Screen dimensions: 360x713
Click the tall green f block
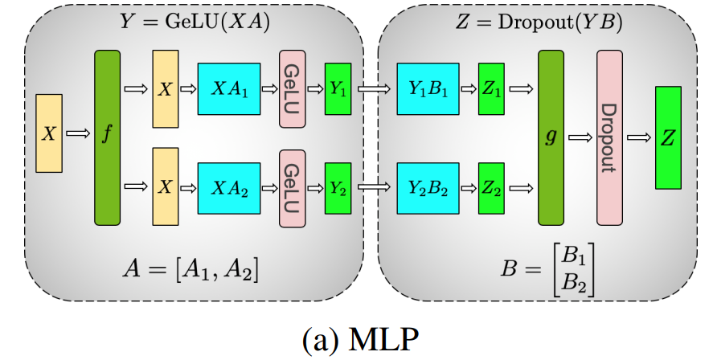[107, 137]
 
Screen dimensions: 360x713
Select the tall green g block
[550, 137]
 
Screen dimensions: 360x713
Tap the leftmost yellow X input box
[49, 133]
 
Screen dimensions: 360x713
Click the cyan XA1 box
[229, 89]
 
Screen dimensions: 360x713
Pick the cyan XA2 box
[229, 186]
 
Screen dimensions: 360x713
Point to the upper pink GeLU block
[293, 89]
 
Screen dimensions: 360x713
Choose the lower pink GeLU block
[293, 186]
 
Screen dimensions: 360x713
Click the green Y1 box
[338, 89]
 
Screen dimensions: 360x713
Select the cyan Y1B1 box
[427, 89]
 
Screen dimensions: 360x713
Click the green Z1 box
[492, 89]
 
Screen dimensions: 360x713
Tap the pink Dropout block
[609, 137]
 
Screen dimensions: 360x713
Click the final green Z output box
[668, 137]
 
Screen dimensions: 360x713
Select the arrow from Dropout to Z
[639, 137]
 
